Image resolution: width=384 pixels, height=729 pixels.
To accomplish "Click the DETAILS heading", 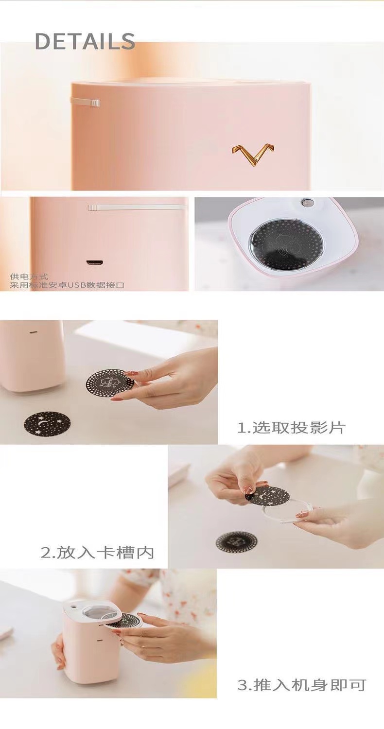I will point(85,41).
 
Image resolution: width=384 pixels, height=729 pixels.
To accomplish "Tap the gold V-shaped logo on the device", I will point(253,154).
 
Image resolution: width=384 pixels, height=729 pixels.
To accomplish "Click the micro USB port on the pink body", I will point(94,262).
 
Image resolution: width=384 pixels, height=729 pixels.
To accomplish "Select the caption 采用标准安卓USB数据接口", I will point(67,285).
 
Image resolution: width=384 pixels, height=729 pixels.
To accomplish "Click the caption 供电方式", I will point(29,277).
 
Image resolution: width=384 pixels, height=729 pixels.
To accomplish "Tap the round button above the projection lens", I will point(306,203).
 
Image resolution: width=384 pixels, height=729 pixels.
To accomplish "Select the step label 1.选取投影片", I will point(291,428).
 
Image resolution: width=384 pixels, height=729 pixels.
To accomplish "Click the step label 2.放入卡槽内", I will point(97,553).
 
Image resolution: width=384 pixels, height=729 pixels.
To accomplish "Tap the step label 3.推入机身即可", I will point(301,685).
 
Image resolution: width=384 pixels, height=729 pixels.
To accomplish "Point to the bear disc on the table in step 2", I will point(237,541).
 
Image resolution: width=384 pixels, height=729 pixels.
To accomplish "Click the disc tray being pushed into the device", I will point(124,620).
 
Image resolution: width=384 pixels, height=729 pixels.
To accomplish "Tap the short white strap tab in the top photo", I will point(85,102).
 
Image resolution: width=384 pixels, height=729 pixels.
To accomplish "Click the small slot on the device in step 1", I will point(33,333).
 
